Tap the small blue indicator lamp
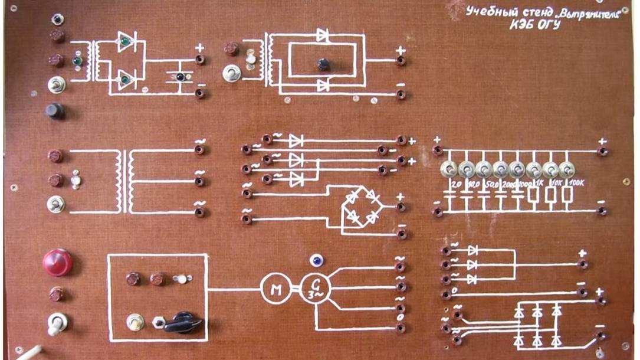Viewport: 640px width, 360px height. pyautogui.click(x=316, y=260)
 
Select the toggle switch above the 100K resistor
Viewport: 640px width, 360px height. pyautogui.click(x=566, y=170)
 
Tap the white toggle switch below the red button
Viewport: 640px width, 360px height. pyautogui.click(x=57, y=323)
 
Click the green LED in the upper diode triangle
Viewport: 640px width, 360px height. pyautogui.click(x=125, y=42)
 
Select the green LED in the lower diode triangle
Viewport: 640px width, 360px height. pyautogui.click(x=125, y=78)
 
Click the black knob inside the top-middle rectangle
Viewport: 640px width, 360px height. pyautogui.click(x=323, y=64)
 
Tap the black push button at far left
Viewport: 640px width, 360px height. pyautogui.click(x=55, y=111)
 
